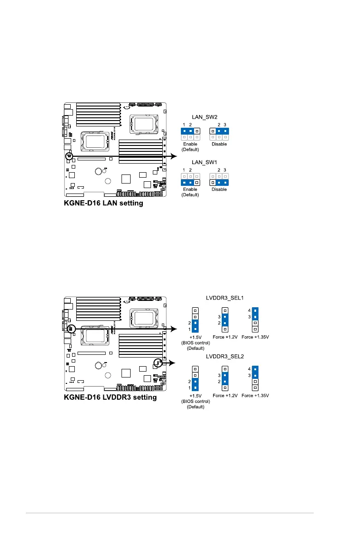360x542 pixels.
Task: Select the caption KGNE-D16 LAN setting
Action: (x=103, y=203)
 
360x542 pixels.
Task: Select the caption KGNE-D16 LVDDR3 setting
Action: (x=110, y=397)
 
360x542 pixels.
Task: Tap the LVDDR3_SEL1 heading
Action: (x=223, y=298)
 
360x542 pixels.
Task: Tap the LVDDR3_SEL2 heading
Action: (x=223, y=357)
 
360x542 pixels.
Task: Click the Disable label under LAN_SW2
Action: (x=219, y=144)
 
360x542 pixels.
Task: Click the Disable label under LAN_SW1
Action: (x=219, y=189)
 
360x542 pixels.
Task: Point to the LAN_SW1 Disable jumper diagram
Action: (x=219, y=179)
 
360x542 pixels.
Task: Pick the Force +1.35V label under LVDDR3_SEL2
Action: (x=255, y=396)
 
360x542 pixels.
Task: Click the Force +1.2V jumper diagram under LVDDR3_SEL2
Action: (x=224, y=378)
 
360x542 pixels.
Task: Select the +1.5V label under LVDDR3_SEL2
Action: (x=195, y=396)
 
